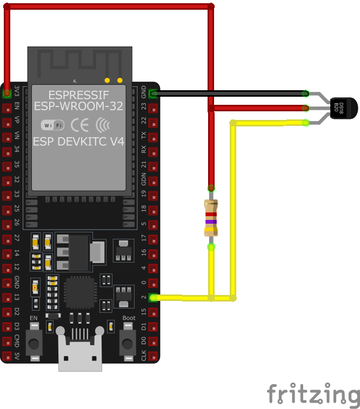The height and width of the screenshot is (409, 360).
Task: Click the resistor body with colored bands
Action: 211,218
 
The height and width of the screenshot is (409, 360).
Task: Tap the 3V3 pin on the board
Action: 7,93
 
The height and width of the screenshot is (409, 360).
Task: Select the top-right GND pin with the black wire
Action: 154,93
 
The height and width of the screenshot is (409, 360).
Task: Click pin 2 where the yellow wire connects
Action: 154,298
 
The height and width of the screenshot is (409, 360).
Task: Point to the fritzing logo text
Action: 313,394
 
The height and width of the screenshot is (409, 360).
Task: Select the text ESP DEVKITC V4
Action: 79,142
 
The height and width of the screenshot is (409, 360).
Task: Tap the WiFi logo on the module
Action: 53,125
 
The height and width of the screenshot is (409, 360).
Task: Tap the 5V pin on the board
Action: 7,356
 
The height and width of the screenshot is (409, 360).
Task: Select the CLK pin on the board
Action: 154,356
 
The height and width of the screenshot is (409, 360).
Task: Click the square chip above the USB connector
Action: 80,293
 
